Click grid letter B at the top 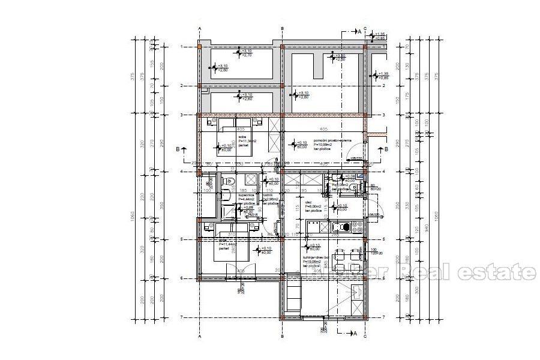pos(282,28)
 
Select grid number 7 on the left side pos(182,317)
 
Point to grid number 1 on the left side pos(182,47)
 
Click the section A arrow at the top pos(359,32)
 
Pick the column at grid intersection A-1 pos(199,47)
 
